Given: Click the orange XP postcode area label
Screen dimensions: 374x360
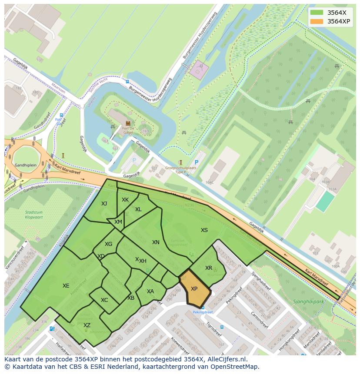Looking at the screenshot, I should click(194, 289).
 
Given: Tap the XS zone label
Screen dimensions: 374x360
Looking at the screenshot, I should click(204, 230).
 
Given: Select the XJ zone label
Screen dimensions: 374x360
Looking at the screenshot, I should click(104, 204).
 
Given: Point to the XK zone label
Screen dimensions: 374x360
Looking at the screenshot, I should click(125, 200).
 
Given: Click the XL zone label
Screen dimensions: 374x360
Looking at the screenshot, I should click(138, 209).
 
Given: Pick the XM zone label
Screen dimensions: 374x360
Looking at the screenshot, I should click(118, 222).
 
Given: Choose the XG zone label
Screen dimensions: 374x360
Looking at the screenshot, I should click(109, 244).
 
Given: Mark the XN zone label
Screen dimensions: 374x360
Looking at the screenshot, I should click(156, 242).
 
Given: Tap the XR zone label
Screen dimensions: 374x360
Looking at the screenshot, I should click(209, 268).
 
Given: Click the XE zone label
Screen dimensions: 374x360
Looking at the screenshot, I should click(66, 286).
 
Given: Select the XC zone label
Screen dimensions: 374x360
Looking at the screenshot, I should click(104, 300).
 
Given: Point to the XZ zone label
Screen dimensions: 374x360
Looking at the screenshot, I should click(87, 325).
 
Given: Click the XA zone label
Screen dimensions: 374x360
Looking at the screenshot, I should click(150, 291).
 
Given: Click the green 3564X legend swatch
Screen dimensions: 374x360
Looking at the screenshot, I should click(317, 12).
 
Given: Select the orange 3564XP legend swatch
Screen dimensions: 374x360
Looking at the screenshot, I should click(317, 21).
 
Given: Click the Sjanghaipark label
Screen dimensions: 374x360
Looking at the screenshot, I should click(309, 300).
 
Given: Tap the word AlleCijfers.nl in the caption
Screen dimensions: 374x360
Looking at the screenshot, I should click(227, 359).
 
